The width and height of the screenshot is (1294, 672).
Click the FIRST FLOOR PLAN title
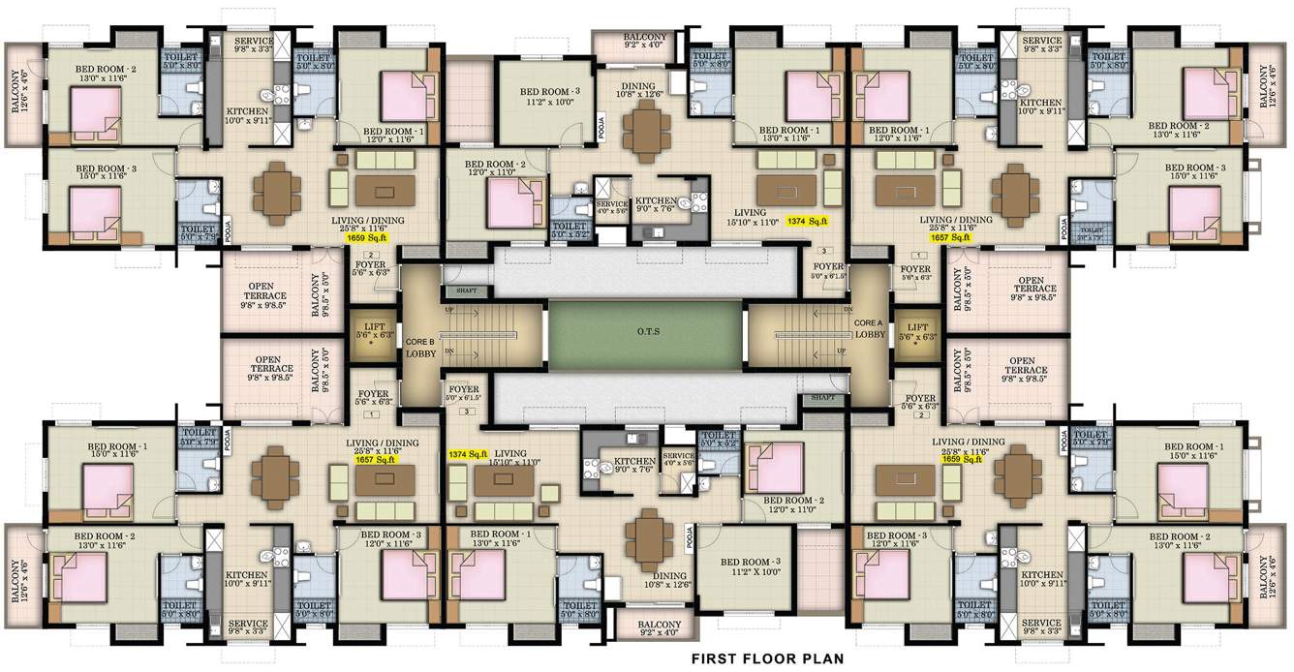coord(766,659)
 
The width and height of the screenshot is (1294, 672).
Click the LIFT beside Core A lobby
coord(915,332)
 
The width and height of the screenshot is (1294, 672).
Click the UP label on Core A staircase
coord(840,350)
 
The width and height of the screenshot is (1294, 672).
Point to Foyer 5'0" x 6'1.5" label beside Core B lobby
coord(462,392)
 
